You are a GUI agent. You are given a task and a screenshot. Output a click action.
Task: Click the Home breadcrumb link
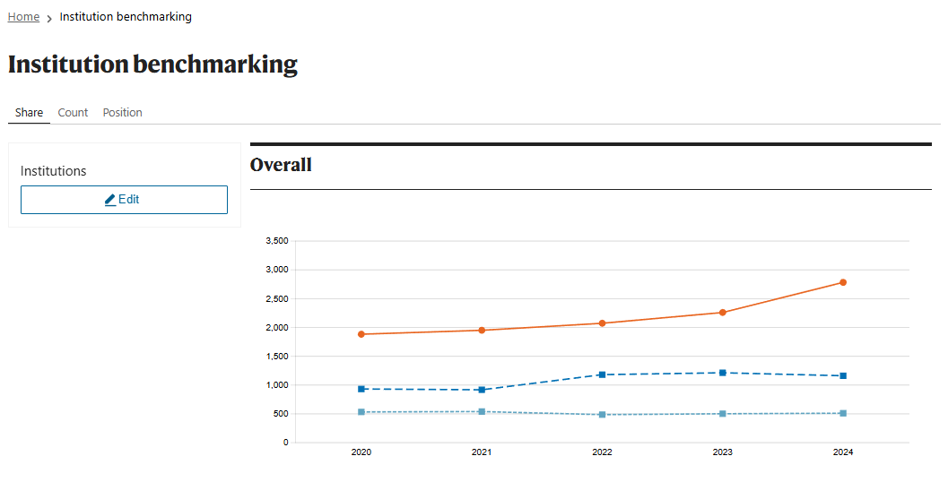23,17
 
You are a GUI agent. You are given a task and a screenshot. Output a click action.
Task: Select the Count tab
74,112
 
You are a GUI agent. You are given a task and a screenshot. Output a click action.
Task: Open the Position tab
122,112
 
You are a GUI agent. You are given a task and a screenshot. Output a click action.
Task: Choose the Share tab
29,112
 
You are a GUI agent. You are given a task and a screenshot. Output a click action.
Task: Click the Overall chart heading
281,165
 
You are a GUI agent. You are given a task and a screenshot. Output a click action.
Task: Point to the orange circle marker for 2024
843,283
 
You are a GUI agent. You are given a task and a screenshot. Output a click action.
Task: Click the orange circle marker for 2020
361,334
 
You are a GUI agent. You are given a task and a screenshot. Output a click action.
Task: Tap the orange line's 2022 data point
602,323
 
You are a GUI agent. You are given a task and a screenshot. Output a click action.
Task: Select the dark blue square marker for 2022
602,375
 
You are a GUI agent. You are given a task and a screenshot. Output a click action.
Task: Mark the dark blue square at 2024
843,375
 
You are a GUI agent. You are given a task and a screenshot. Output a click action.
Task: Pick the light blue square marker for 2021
482,412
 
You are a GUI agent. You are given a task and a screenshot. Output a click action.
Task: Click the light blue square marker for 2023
723,414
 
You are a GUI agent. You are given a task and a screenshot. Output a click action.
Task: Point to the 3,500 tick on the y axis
277,241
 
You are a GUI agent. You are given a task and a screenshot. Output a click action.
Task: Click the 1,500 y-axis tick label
277,357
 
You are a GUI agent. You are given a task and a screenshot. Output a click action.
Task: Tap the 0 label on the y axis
286,443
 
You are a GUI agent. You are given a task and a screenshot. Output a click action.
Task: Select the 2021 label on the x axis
482,452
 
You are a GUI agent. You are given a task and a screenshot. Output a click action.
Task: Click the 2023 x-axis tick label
723,452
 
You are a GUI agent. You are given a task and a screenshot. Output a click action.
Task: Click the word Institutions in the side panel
53,171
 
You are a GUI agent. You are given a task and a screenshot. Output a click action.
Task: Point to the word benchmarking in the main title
215,65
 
